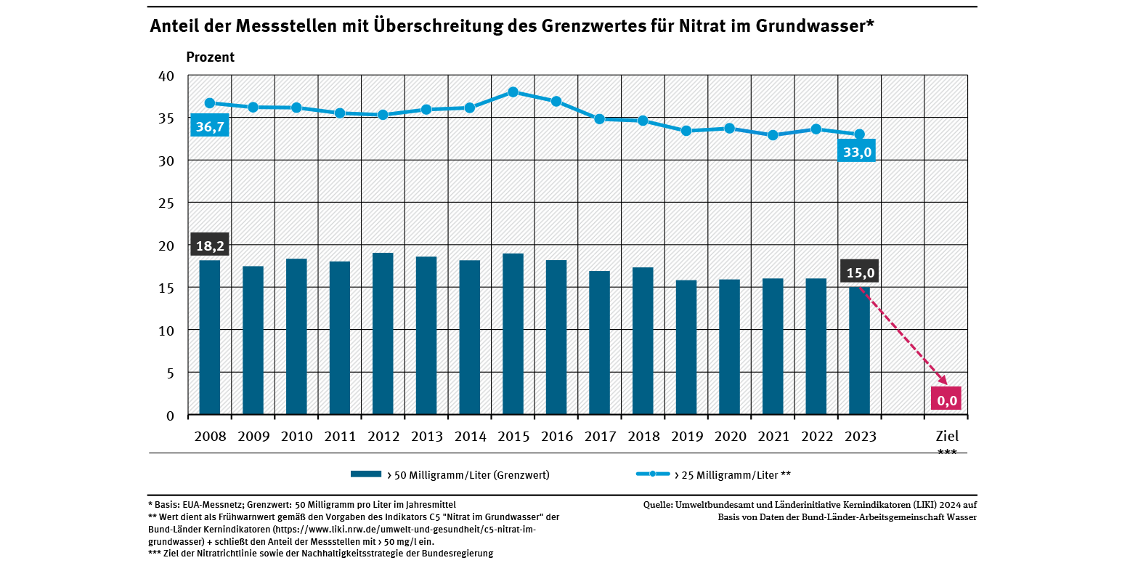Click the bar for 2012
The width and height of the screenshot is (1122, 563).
point(383,334)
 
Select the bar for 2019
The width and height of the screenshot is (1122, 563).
point(686,347)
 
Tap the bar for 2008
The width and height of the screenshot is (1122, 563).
point(210,338)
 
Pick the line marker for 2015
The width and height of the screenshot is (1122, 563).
point(513,92)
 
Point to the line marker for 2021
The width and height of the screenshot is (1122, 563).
point(773,135)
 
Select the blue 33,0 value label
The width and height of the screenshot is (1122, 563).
point(856,151)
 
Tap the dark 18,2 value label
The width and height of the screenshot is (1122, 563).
point(210,245)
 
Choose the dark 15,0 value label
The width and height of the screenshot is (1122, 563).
point(858,272)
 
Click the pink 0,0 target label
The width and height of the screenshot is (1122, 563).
point(946,399)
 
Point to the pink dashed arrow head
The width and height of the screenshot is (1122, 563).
point(945,381)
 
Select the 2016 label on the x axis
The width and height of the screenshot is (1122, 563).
point(556,437)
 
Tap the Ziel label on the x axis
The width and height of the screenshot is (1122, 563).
point(946,437)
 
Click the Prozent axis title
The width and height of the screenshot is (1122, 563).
point(211,57)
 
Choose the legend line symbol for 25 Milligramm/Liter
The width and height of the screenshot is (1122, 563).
point(653,474)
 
